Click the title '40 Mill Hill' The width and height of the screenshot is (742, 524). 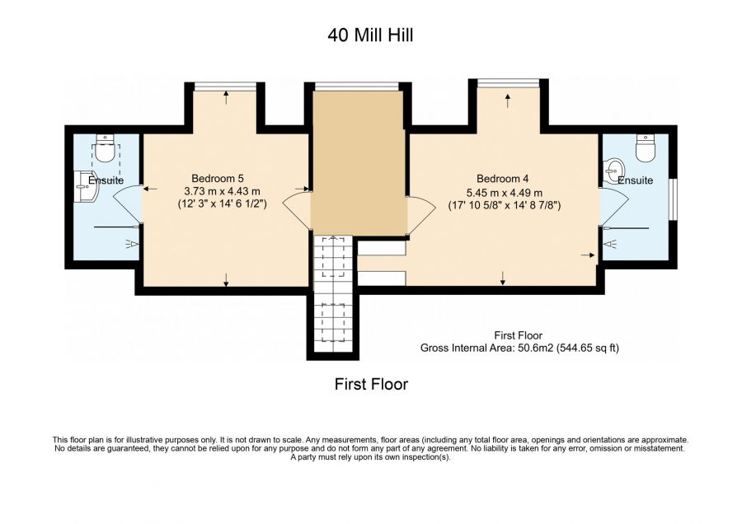[x=370, y=35]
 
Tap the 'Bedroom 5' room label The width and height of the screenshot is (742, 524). [x=218, y=178]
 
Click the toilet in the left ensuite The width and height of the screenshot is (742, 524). [x=106, y=149]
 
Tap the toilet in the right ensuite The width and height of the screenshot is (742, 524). [x=646, y=149]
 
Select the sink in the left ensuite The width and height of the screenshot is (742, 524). [x=85, y=186]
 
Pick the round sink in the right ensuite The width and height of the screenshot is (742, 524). [x=612, y=173]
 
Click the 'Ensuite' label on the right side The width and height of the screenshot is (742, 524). [x=635, y=180]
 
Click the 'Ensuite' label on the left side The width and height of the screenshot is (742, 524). [x=106, y=180]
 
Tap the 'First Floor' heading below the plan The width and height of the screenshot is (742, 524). [x=370, y=384]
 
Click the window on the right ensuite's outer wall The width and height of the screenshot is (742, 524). [x=673, y=199]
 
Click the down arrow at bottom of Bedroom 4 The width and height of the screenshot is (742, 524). [x=503, y=279]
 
